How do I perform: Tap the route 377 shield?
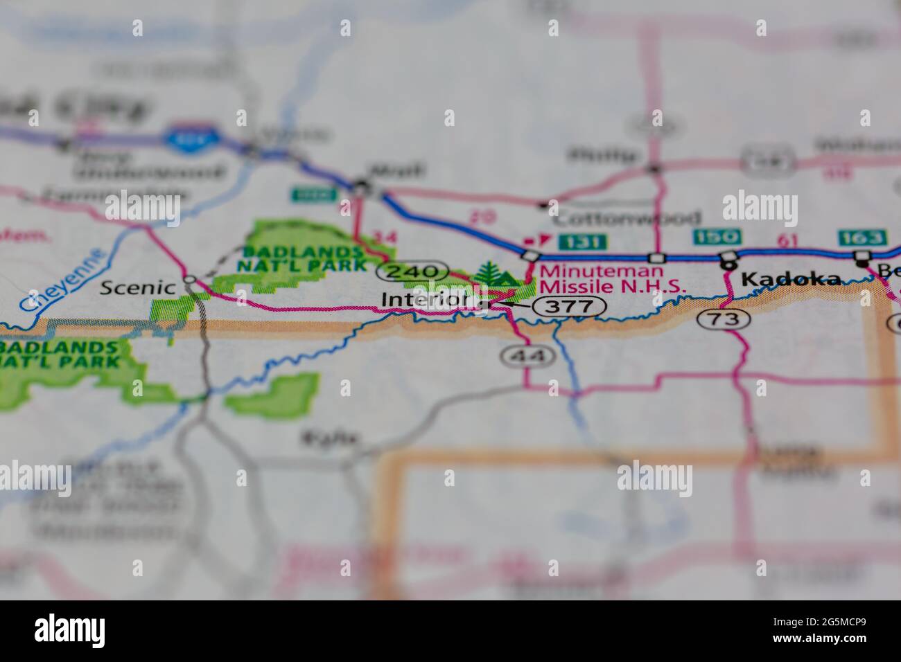click(x=568, y=307)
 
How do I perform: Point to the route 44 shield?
click(x=519, y=356)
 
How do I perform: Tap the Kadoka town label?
click(x=791, y=280)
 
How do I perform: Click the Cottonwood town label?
click(x=627, y=218)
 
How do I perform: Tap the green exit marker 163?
click(x=861, y=238)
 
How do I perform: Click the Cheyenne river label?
click(x=62, y=279)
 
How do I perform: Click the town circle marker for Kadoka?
click(x=728, y=264)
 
